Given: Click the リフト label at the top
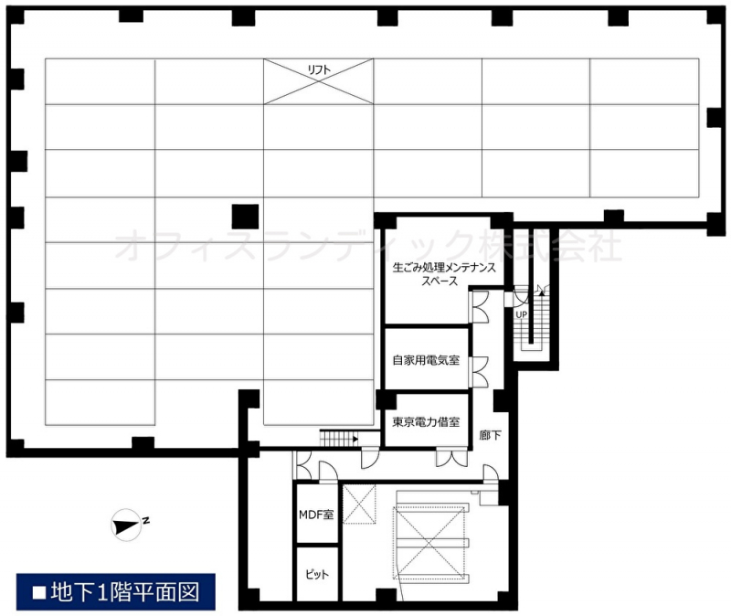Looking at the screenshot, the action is pos(319,70).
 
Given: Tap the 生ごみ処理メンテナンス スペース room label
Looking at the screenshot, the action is pos(444,274).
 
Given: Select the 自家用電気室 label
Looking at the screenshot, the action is pos(426,360).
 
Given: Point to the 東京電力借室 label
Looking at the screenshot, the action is pos(426,422).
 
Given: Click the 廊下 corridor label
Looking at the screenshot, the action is pos(490,435).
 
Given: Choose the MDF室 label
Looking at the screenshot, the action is pos(316,515).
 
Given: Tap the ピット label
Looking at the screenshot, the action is pos(317,574).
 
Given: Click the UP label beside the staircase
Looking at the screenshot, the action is pos(521,314).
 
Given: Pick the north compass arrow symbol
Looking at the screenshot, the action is pos(126,526).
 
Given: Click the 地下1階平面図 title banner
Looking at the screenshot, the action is pos(116,591).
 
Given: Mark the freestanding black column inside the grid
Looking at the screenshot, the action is pos(245,217).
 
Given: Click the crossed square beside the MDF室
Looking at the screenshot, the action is pos(359,504).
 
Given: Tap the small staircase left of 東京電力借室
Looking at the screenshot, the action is pos(339,439).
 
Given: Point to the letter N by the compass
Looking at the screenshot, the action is pos(146,520).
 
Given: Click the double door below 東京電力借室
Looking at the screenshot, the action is pos(451,458).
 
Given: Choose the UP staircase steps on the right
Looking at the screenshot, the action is pos(531,323).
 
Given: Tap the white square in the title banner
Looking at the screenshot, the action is pos(39,592).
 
